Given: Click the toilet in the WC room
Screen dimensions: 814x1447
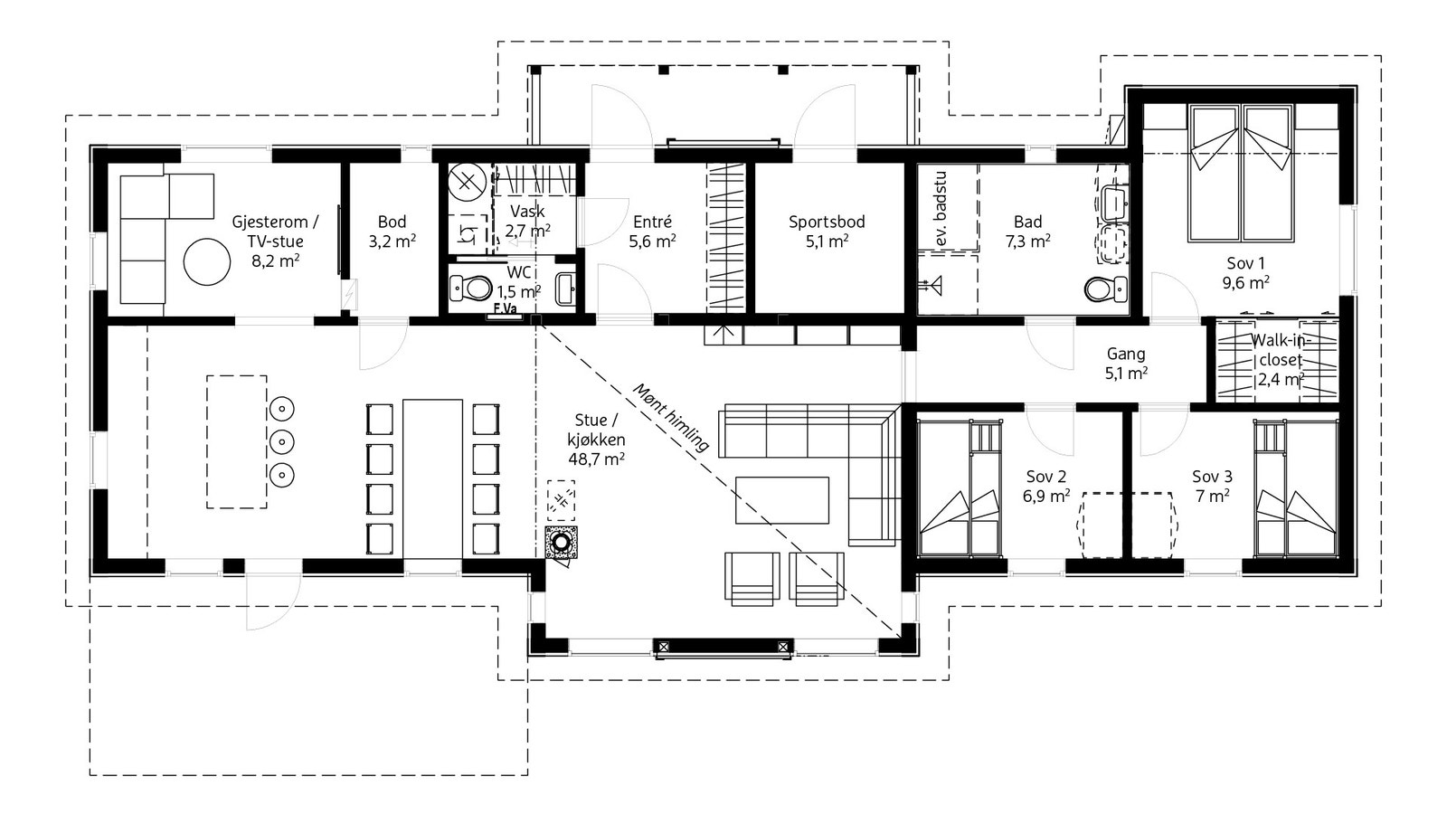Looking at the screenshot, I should [470, 289].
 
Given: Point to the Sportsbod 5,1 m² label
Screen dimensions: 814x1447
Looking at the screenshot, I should [827, 231].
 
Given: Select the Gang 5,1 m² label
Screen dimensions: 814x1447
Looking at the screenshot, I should [1126, 362].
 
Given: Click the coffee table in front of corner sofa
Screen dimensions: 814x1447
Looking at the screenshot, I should [781, 500].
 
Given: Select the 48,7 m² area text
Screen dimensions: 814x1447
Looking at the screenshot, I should [596, 459].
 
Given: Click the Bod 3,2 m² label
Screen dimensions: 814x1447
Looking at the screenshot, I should [392, 232].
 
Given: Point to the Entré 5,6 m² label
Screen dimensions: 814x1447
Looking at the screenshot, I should [652, 231].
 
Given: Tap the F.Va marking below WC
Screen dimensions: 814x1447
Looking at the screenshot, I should [504, 309].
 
